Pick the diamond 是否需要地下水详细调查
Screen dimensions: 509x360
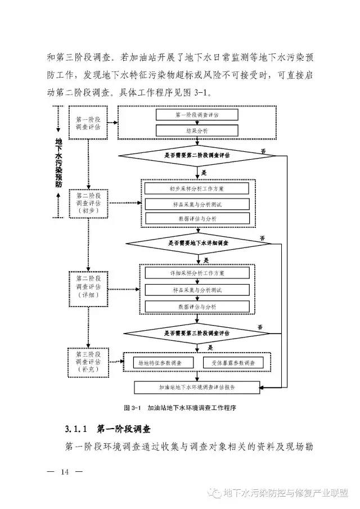click(198, 243)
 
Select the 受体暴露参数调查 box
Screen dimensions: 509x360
click(237, 363)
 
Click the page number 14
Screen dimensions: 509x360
click(64, 471)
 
